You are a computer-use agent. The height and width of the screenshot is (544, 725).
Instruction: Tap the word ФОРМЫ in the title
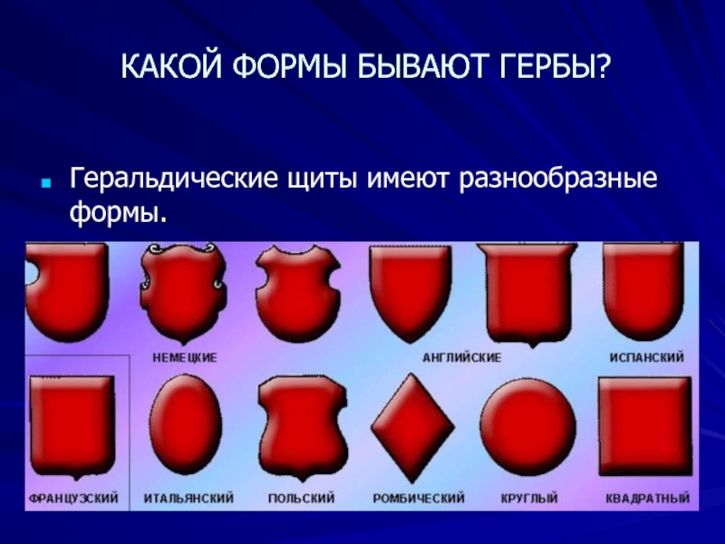pos(289,66)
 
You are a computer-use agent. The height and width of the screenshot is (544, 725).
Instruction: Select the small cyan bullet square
pos(45,183)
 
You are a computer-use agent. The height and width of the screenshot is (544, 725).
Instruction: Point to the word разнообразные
pos(557,180)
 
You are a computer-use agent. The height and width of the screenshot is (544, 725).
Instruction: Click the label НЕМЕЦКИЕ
pos(185,358)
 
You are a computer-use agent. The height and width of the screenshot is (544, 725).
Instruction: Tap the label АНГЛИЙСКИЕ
pos(461,357)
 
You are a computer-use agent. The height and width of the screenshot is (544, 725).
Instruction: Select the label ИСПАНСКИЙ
pos(646,357)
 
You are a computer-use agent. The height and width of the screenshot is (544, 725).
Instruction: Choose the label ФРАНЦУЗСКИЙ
pos(73,498)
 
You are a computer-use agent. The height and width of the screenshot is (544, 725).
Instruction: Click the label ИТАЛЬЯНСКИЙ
pos(188,498)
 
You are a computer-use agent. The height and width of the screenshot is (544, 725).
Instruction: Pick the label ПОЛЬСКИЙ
pos(301,498)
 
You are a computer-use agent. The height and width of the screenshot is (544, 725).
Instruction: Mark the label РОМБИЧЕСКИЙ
pos(419,498)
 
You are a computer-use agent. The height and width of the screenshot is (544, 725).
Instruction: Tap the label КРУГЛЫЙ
pos(529,498)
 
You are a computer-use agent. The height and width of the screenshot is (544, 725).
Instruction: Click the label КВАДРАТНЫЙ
pos(647,498)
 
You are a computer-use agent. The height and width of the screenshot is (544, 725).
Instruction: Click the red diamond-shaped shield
pos(412,427)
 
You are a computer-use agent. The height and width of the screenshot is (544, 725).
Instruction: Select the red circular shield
pos(527,427)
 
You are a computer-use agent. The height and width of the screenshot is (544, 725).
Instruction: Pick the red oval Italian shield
pos(186,424)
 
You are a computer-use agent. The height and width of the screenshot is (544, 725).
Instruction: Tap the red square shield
pos(645,426)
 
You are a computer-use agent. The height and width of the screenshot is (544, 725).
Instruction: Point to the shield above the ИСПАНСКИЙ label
pos(643,292)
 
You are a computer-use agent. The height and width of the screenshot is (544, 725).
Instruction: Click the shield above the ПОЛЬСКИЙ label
pos(303,427)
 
